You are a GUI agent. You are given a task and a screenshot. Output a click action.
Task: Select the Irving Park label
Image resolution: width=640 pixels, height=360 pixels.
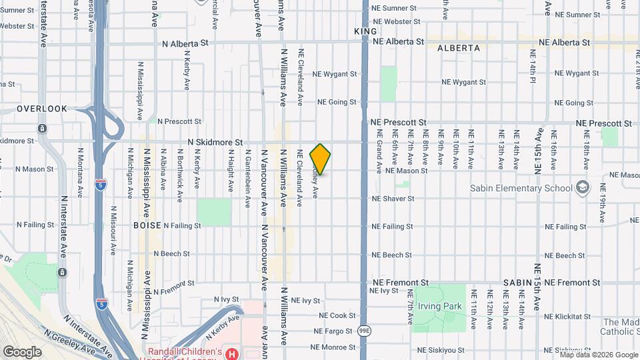tap(439, 306)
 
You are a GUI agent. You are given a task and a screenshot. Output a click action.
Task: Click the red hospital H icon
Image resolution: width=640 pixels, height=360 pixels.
tap(232, 353)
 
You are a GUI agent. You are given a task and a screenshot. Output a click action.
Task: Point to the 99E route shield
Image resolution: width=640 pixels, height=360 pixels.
tap(365, 331)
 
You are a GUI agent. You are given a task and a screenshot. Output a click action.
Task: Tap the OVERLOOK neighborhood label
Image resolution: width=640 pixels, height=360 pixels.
tap(42, 109)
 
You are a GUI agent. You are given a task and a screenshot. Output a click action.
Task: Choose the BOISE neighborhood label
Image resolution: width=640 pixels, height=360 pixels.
tap(146, 225)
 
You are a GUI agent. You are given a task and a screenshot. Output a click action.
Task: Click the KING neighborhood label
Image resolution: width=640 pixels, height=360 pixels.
tap(366, 31)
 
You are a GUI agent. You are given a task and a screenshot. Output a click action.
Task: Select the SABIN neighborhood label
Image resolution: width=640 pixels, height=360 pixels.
tap(517, 283)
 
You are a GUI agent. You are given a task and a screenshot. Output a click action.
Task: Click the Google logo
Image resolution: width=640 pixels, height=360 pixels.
tap(22, 351)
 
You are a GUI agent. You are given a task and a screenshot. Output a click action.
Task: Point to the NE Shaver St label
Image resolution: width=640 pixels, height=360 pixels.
tap(393, 199)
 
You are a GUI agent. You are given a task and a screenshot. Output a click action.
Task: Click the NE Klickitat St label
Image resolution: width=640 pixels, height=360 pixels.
tap(565, 316)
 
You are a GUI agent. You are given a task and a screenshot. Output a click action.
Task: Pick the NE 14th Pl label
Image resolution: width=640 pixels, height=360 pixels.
tap(533, 67)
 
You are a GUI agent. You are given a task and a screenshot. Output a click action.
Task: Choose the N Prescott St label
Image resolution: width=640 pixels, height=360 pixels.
tap(179, 121)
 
